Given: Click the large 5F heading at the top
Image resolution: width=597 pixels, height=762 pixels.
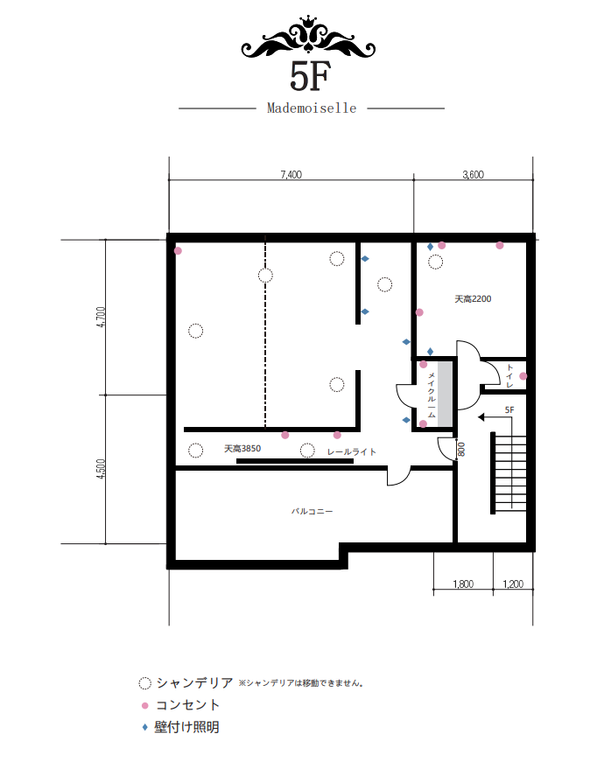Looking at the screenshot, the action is coord(310,76).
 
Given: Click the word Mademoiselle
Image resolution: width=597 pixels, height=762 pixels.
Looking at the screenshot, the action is coord(312,108).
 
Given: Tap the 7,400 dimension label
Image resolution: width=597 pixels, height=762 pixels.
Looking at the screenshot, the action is coord(291,174).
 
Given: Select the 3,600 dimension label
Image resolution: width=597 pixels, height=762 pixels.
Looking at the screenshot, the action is coord(473,174).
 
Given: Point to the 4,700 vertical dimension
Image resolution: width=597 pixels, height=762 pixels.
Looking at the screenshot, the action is coord(101,317).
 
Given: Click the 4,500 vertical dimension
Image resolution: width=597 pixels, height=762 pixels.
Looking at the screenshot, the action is coord(101,469).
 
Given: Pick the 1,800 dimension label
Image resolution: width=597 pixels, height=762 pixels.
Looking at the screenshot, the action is coord(463,584).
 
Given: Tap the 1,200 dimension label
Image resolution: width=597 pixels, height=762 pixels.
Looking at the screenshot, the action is coord(513,584).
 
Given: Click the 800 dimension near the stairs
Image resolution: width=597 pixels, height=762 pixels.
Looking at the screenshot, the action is coord(461,449).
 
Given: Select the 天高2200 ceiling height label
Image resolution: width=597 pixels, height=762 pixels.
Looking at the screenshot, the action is coord(473,299).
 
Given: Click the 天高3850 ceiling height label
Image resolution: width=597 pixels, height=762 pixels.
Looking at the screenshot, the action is coord(242,449).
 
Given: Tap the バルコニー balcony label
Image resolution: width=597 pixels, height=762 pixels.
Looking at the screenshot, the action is coord(313,511).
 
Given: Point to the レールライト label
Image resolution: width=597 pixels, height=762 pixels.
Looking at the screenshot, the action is coord(352,452).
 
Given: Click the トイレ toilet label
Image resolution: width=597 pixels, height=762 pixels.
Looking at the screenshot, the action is coord(509,375).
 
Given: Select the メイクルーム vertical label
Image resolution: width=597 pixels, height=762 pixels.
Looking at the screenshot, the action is coord(432,395).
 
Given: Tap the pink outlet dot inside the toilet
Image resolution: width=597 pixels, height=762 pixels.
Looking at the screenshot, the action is coord(523,376).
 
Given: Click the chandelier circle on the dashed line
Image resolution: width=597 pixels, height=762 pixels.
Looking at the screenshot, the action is coord(265,276).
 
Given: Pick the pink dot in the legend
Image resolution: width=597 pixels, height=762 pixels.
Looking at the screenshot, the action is coord(145,705).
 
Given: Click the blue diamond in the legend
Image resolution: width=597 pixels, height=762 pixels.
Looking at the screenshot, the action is coord(144,728).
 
